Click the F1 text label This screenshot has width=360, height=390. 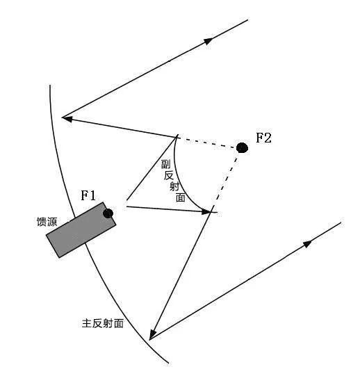click(88, 195)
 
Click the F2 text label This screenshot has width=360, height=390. click(264, 138)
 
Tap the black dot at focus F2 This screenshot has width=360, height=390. click(242, 148)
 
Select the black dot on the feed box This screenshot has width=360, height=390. click(108, 213)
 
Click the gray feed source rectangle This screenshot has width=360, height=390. click(81, 230)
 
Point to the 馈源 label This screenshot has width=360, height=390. click(47, 222)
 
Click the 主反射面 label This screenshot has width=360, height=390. click(103, 323)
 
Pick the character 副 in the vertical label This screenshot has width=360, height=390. click(166, 164)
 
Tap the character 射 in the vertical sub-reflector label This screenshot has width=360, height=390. click(174, 186)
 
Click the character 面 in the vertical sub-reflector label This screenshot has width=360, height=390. click(180, 197)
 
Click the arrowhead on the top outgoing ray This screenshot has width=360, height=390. click(208, 41)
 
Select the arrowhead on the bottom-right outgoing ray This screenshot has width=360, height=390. click(308, 244)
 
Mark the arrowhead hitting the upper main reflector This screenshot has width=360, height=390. click(67, 119)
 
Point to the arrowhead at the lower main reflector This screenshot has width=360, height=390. click(152, 334)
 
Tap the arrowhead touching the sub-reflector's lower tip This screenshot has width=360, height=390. click(206, 211)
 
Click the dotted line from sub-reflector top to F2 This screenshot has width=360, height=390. click(208, 143)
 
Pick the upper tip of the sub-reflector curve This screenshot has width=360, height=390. click(177, 136)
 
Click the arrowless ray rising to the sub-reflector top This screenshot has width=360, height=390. click(152, 168)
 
